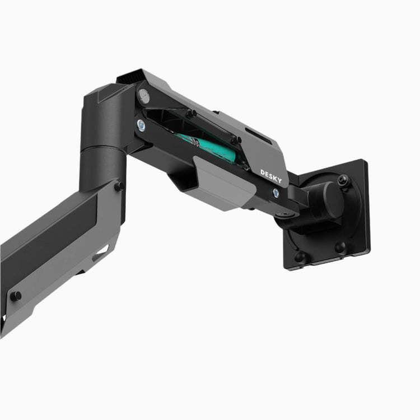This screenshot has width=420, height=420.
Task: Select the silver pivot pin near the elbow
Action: click(x=144, y=95)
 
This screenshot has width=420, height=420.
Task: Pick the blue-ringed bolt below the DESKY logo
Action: click(x=277, y=193)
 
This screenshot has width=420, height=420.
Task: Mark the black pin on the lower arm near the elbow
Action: click(x=119, y=185)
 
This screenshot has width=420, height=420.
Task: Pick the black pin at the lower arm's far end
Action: click(x=16, y=295)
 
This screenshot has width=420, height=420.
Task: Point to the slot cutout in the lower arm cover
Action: click(x=101, y=254)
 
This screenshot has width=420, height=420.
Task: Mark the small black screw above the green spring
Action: click(x=191, y=114)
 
